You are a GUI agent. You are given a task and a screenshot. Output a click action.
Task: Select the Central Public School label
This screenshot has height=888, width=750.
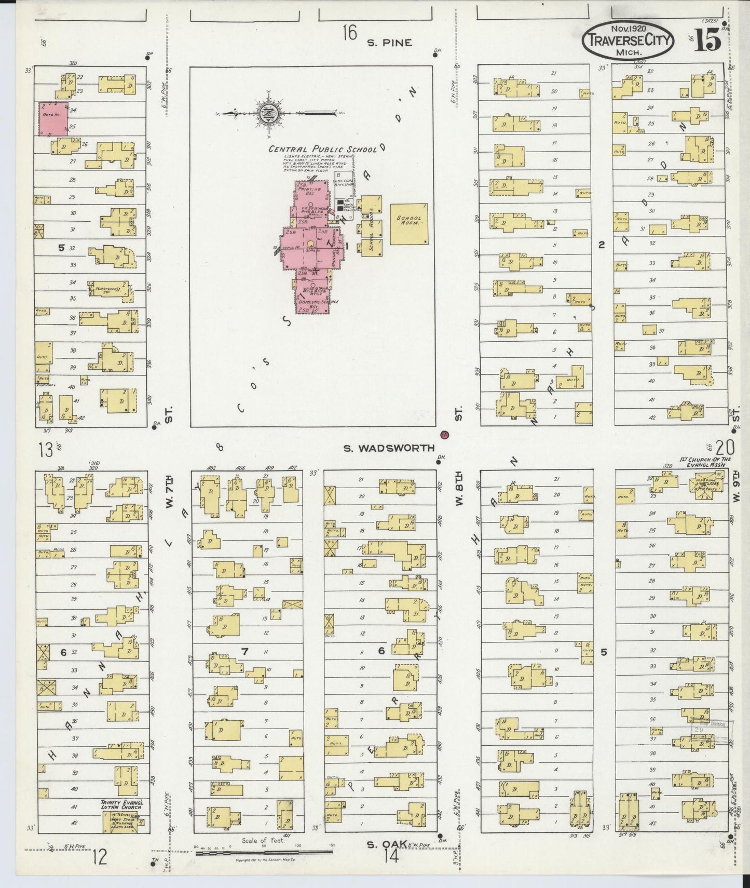pyautogui.click(x=322, y=149)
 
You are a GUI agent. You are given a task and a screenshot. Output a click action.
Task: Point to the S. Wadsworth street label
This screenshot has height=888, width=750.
pyautogui.click(x=389, y=448)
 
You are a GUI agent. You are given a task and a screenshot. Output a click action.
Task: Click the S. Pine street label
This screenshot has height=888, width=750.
pyautogui.click(x=389, y=43)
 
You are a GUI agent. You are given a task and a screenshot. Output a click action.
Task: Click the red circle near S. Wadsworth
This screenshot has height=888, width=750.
pyautogui.click(x=444, y=434)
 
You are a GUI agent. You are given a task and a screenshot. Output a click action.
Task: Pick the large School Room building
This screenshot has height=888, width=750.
pyautogui.click(x=409, y=224)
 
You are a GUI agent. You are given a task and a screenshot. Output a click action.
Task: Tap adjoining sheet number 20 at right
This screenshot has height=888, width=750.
pyautogui.click(x=725, y=447)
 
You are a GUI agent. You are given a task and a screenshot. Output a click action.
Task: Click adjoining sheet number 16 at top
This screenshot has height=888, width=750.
pyautogui.click(x=349, y=34)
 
